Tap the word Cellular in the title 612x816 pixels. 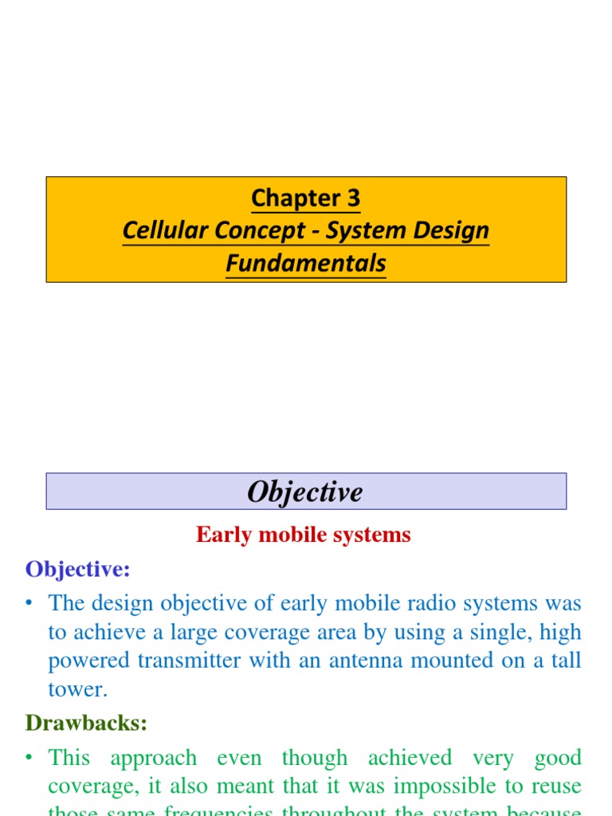162,231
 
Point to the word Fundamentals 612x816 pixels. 306,263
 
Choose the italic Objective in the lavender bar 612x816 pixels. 305,492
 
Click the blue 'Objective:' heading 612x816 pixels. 77,569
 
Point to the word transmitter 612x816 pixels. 203,661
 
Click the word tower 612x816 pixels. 76,689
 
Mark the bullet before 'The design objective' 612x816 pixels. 29,603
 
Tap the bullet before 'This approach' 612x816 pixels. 29,757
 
